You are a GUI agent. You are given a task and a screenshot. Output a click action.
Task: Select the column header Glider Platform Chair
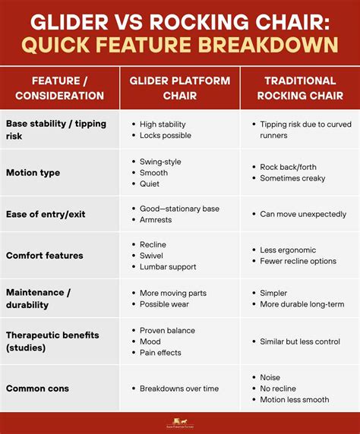pyautogui.click(x=180, y=88)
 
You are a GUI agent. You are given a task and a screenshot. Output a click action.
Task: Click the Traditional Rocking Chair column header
pyautogui.click(x=300, y=88)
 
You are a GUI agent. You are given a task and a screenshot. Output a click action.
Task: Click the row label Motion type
pyautogui.click(x=33, y=172)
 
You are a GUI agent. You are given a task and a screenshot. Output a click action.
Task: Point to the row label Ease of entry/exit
pyautogui.click(x=46, y=214)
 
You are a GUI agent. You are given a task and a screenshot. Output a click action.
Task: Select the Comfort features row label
pyautogui.click(x=46, y=256)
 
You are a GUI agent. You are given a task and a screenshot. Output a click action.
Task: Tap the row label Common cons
pyautogui.click(x=37, y=388)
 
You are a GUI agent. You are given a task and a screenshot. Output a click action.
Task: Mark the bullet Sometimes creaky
pyautogui.click(x=292, y=178)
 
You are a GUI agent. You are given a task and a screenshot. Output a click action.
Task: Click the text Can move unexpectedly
pyautogui.click(x=303, y=214)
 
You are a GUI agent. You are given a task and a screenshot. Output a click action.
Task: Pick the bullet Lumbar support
pyautogui.click(x=168, y=266)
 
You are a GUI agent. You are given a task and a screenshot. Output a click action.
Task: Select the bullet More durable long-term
pyautogui.click(x=302, y=304)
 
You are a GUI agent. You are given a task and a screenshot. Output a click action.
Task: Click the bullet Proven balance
pyautogui.click(x=167, y=331)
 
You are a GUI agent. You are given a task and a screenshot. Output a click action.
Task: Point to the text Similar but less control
pyautogui.click(x=299, y=341)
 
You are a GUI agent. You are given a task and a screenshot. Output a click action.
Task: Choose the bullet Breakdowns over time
pyautogui.click(x=179, y=388)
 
